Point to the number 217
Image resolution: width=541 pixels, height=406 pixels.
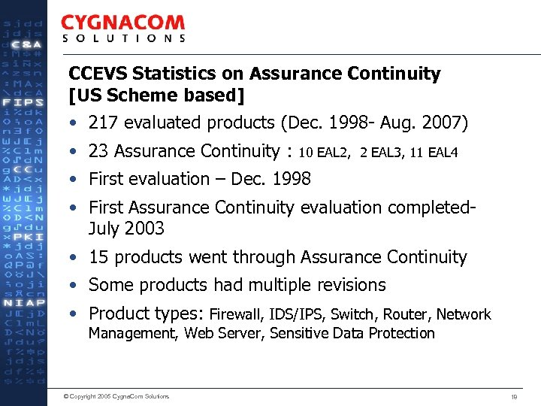pyautogui.click(x=103, y=123)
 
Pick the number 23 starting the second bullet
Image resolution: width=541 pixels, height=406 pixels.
pyautogui.click(x=98, y=151)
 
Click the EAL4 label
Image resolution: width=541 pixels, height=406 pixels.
pyautogui.click(x=442, y=153)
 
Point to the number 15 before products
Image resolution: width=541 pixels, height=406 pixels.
pyautogui.click(x=98, y=257)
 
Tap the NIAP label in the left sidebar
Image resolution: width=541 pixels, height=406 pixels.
pyautogui.click(x=24, y=303)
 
